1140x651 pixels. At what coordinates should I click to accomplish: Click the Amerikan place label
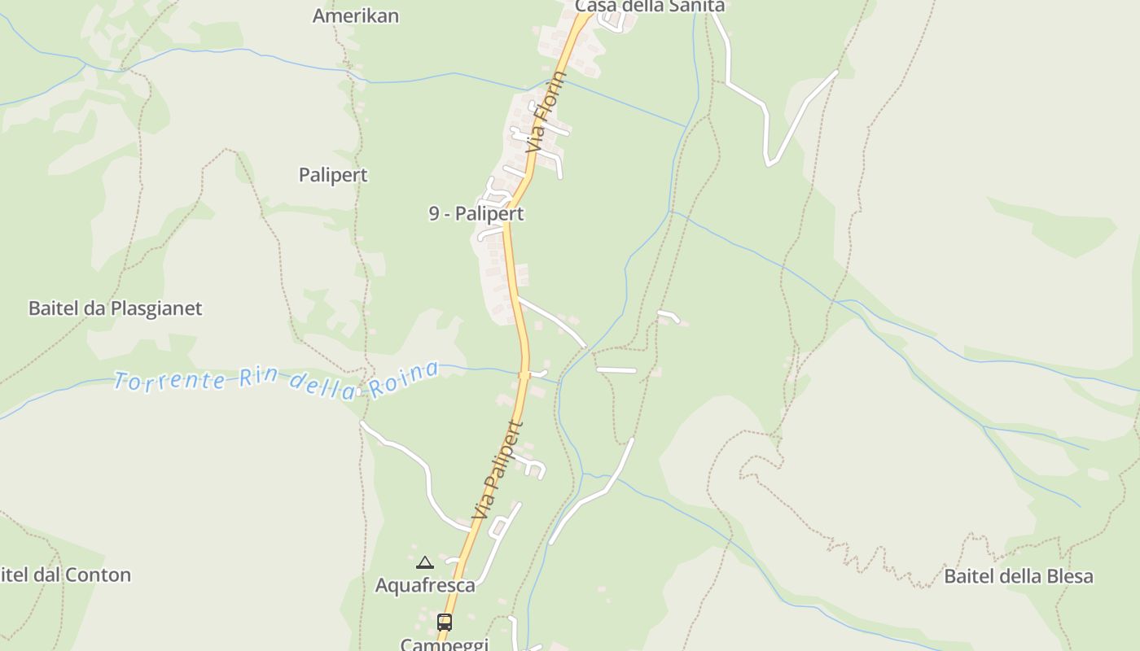coord(356,15)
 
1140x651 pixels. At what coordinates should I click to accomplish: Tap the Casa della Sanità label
coord(649,7)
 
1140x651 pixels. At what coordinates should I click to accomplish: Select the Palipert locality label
coord(333,175)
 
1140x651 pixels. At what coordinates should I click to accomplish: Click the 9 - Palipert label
coord(476,214)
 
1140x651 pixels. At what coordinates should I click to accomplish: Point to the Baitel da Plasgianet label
coord(115,308)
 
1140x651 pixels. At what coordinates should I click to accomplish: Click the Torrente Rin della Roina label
coord(276,379)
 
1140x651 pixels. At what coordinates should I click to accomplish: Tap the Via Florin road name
coord(546,113)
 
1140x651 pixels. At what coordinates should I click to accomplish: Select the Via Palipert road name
coord(497,470)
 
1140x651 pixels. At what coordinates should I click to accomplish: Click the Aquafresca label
coord(425,585)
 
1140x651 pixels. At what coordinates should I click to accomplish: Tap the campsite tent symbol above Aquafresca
coord(425,562)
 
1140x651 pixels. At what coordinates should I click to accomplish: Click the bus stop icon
coord(444,623)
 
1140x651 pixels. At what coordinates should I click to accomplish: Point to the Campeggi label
coord(445,644)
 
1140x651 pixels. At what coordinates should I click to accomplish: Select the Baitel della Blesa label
coord(1018,576)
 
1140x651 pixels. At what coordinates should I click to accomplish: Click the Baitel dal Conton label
coord(65,575)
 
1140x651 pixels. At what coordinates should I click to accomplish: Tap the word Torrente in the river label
coord(169,380)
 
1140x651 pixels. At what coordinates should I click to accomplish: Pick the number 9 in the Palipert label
coord(435,214)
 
